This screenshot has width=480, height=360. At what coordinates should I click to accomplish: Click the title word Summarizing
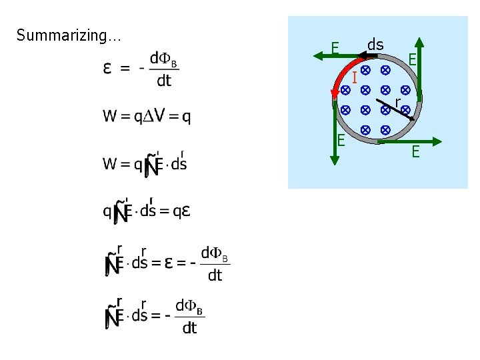[68, 35]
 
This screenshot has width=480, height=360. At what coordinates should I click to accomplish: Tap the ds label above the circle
[375, 45]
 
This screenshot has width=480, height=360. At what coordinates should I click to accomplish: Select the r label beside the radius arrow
[397, 102]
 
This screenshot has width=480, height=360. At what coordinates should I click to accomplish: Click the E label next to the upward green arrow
[413, 60]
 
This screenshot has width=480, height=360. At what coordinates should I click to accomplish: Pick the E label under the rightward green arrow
[415, 153]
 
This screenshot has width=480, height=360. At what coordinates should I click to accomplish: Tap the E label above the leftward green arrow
[336, 48]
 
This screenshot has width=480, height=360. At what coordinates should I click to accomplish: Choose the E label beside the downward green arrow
[341, 140]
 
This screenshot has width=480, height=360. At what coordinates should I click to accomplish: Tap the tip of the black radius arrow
[414, 118]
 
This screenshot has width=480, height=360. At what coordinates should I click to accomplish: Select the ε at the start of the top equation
[107, 69]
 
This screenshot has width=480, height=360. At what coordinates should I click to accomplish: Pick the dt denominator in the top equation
[164, 81]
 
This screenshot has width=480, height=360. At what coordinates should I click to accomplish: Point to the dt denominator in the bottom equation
[189, 327]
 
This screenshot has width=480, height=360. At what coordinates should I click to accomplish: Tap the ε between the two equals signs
[170, 263]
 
